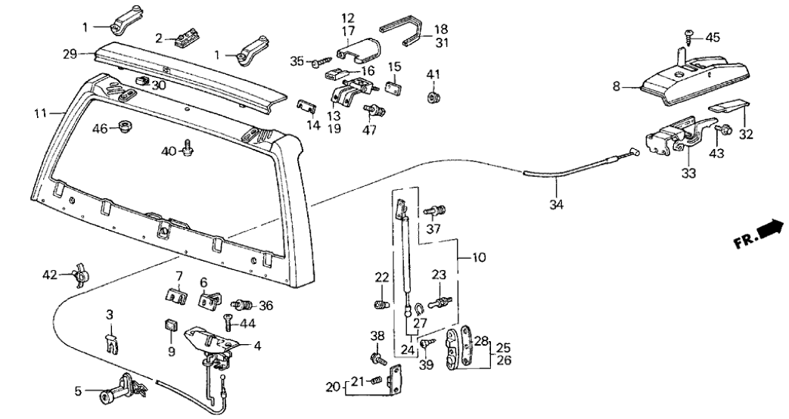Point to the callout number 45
tap(713, 37)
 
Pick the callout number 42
tap(49, 275)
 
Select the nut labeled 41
tap(433, 97)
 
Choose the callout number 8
tap(617, 88)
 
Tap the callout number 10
tap(478, 259)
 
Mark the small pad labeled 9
tap(170, 326)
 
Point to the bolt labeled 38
tap(377, 357)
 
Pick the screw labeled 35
tap(320, 60)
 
